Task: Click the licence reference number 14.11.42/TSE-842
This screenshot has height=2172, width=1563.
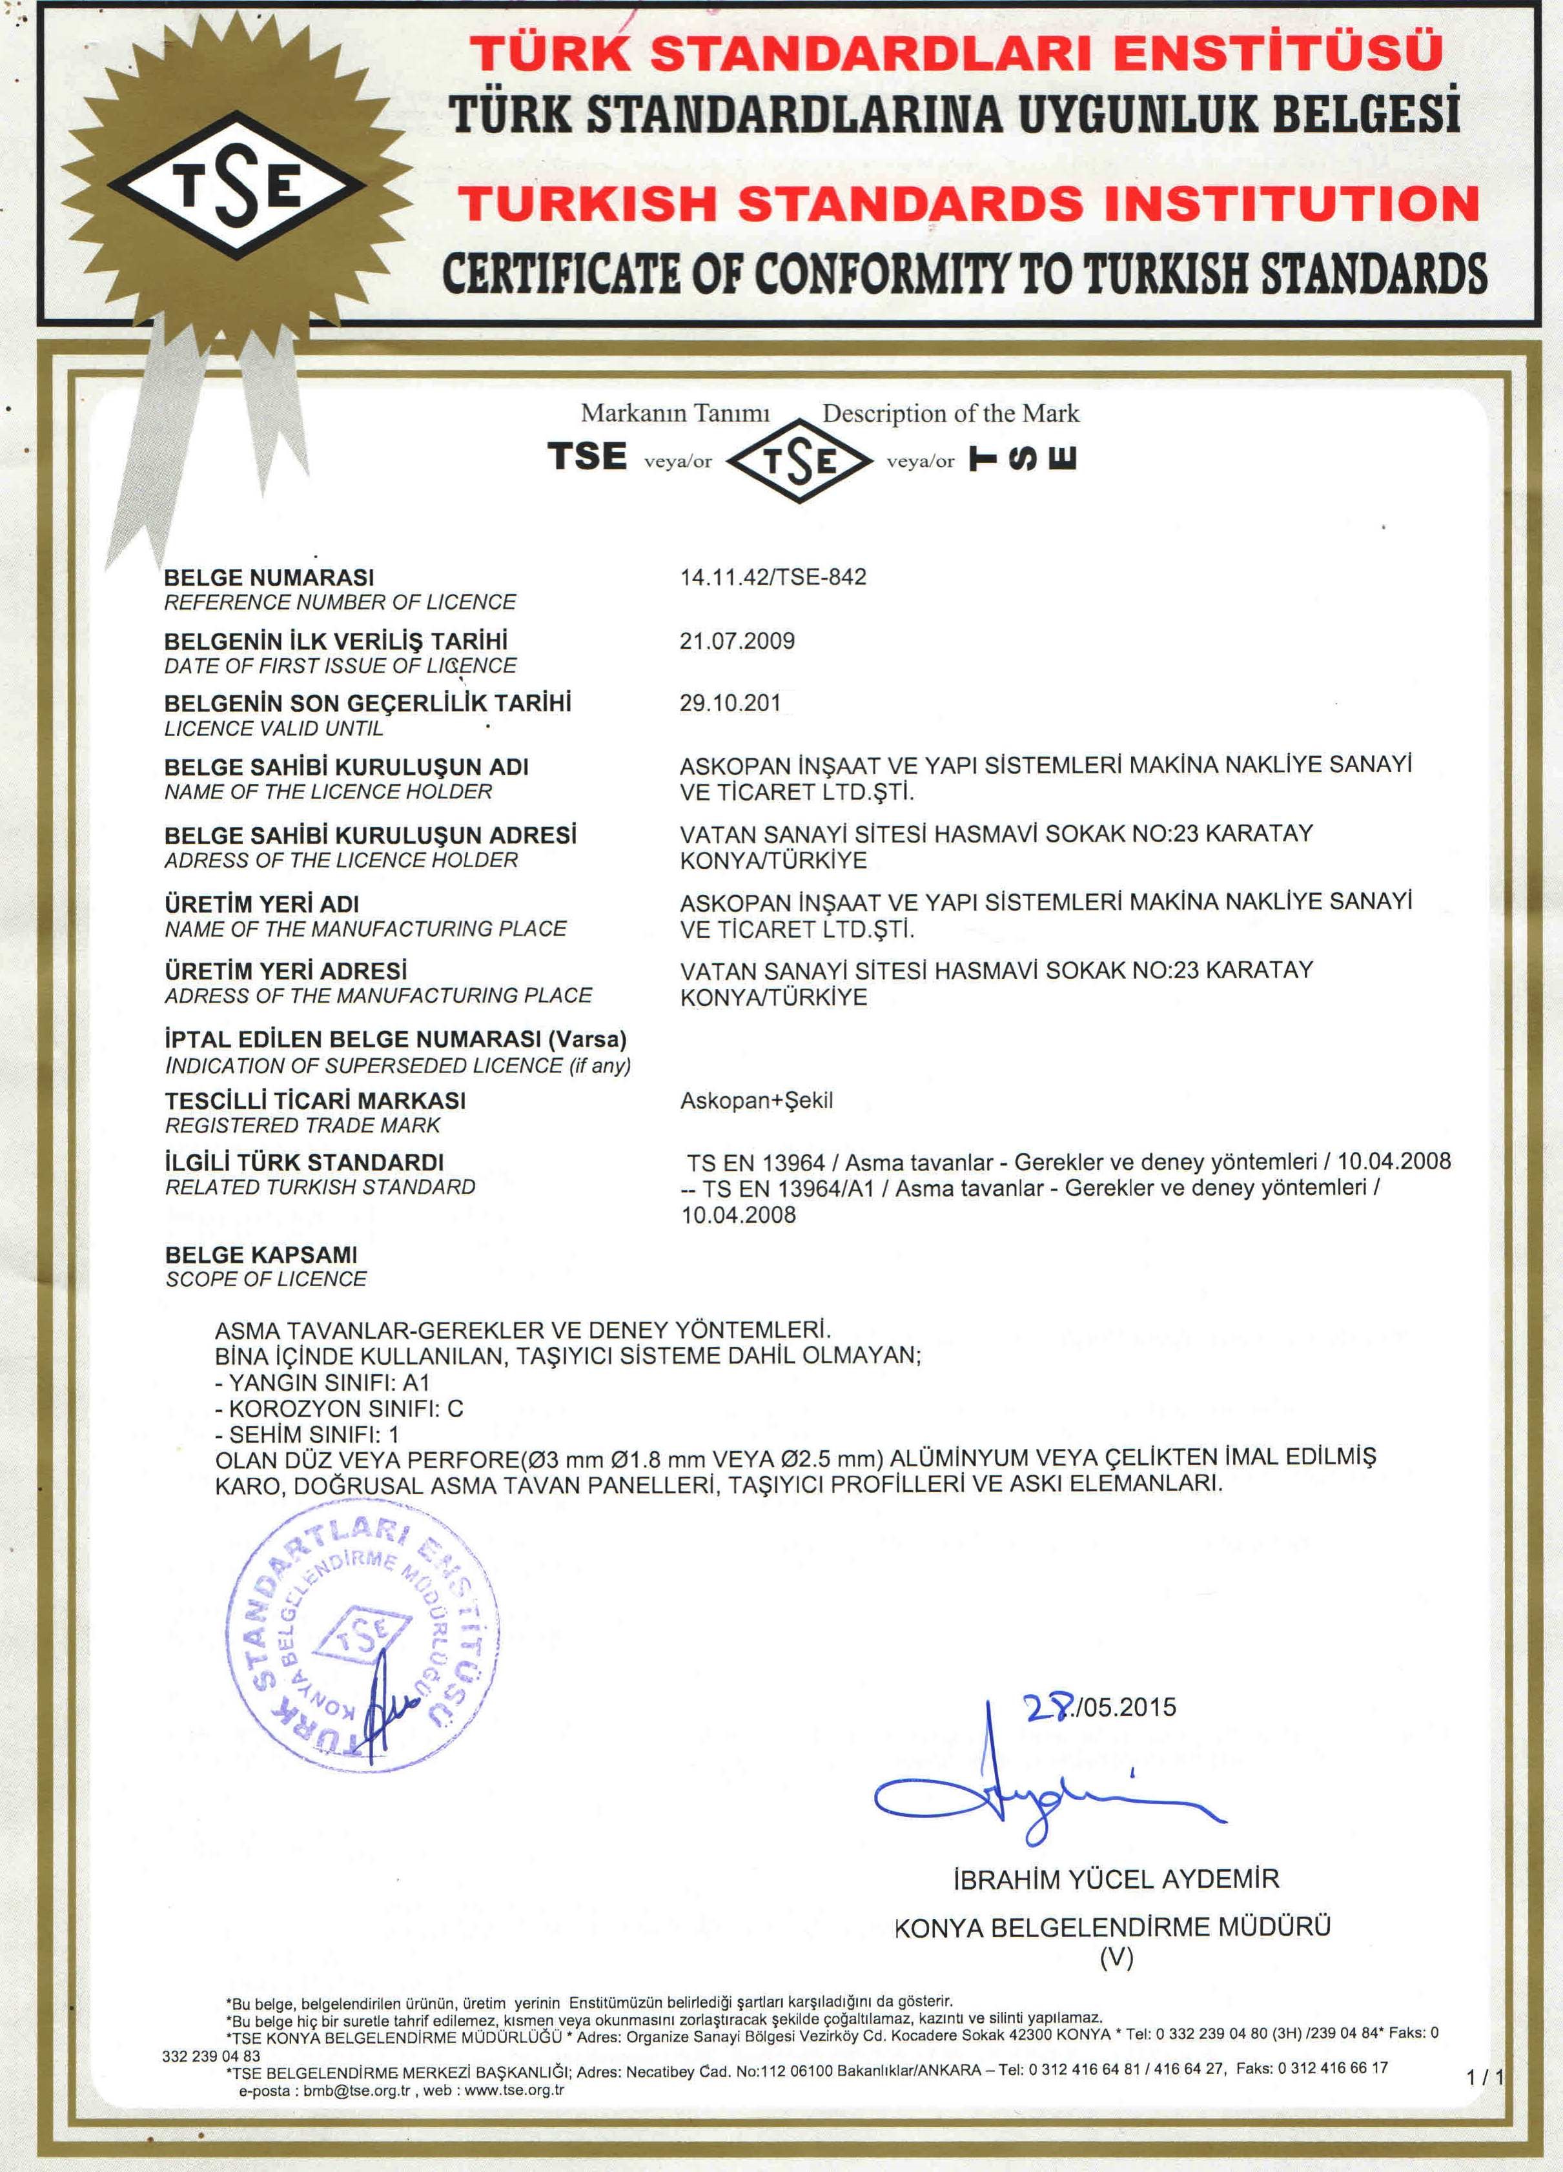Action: pyautogui.click(x=772, y=577)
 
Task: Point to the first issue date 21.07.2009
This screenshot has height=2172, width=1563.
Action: pyautogui.click(x=737, y=640)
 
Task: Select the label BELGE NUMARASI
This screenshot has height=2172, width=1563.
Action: pyautogui.click(x=269, y=577)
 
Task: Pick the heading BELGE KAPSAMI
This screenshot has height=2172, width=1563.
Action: pyautogui.click(x=261, y=1255)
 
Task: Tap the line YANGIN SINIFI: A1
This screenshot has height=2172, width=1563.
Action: pyautogui.click(x=323, y=1383)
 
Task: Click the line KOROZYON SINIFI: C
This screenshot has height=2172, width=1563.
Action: pyautogui.click(x=339, y=1409)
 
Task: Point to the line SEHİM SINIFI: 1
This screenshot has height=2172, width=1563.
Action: pyautogui.click(x=307, y=1435)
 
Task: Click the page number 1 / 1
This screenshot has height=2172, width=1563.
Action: pyautogui.click(x=1484, y=2076)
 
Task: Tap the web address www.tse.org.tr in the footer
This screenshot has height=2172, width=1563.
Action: pyautogui.click(x=513, y=2091)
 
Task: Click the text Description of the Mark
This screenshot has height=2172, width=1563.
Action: pyautogui.click(x=950, y=414)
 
